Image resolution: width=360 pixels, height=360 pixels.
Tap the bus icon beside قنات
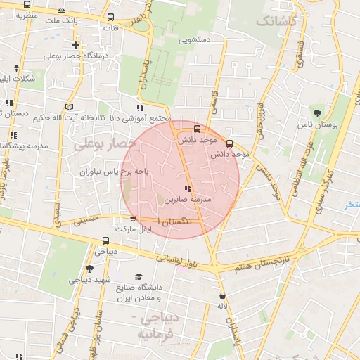coord(110,18)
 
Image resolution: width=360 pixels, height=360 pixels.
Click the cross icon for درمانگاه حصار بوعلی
coord(75,46)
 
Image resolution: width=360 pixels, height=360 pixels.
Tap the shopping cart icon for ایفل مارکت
coord(132,219)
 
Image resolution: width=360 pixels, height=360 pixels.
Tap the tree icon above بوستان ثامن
coord(318,112)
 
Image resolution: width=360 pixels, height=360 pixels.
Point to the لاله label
coord(221,307)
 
